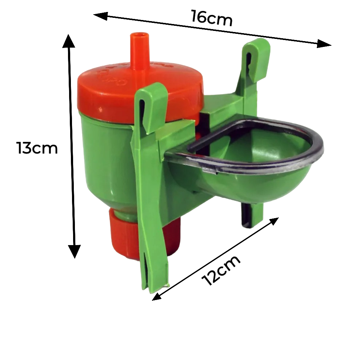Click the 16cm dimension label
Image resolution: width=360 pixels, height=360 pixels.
(212, 18)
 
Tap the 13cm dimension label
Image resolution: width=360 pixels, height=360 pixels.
(37, 148)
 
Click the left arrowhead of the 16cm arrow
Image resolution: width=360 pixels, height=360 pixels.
(100, 16)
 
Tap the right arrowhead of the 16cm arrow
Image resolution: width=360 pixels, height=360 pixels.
(324, 44)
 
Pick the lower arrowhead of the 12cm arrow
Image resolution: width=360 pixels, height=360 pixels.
(157, 296)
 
